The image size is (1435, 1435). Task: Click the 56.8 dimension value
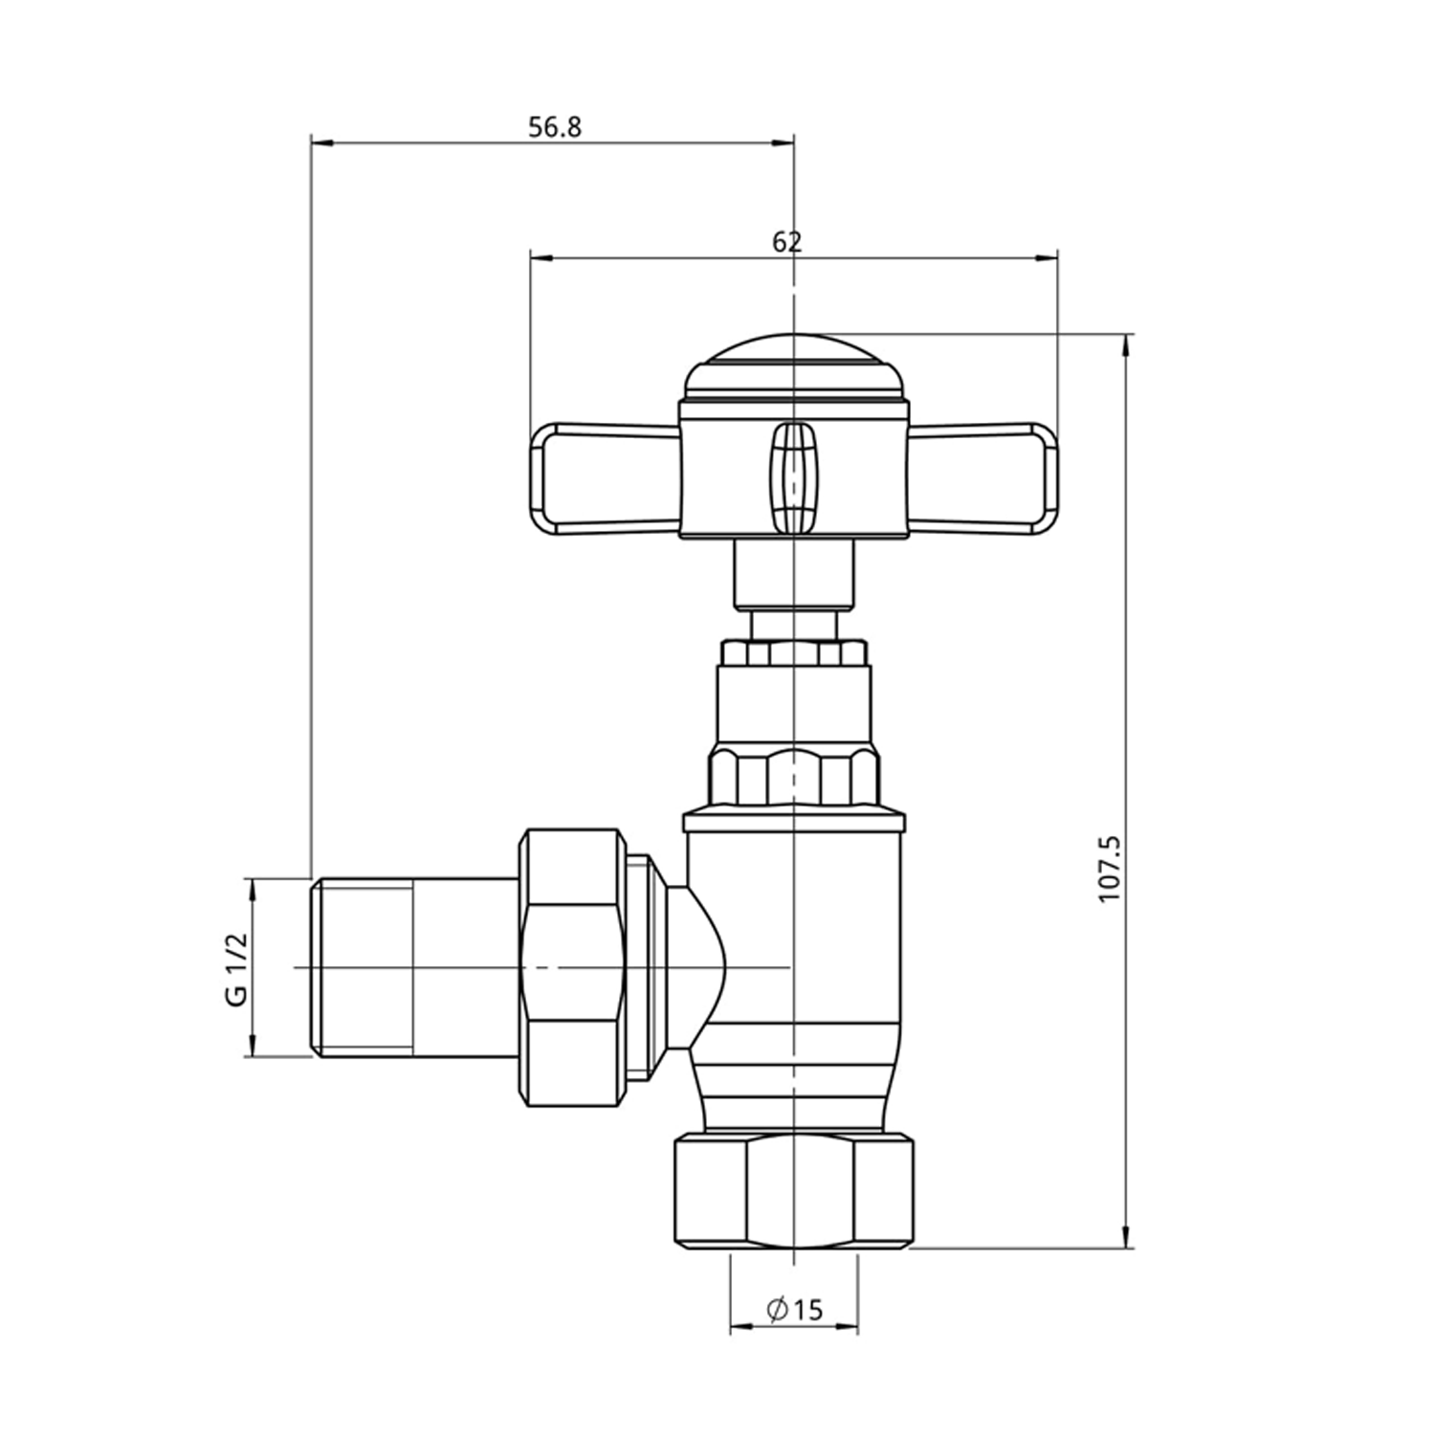pyautogui.click(x=555, y=127)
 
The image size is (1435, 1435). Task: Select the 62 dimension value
pyautogui.click(x=786, y=242)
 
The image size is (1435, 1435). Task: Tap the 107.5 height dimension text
pyautogui.click(x=1109, y=868)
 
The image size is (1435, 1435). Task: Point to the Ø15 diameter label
pyautogui.click(x=794, y=1308)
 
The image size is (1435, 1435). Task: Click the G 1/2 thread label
pyautogui.click(x=235, y=968)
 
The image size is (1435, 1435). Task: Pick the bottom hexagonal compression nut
pyautogui.click(x=794, y=1191)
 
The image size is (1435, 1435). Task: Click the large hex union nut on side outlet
pyautogui.click(x=571, y=968)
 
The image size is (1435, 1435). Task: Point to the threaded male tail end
pyautogui.click(x=364, y=968)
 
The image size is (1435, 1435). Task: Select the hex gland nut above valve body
pyautogui.click(x=794, y=777)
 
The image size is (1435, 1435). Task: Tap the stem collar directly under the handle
pyautogui.click(x=794, y=574)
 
